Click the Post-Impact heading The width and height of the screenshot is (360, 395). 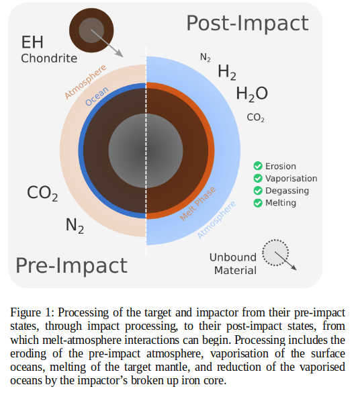tap(247, 24)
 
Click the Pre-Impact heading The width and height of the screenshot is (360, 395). tap(72, 265)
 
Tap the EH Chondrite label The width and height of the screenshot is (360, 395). tap(49, 50)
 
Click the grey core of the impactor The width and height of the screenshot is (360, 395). tap(91, 30)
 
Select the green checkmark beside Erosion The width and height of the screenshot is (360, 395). tap(258, 166)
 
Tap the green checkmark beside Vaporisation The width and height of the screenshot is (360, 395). tap(258, 179)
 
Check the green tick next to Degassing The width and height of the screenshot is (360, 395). tap(258, 191)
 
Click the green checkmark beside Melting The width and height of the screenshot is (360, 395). tap(258, 203)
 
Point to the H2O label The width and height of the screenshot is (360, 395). tap(252, 94)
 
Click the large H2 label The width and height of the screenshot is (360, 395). tap(227, 73)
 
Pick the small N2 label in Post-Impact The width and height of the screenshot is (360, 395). tap(206, 58)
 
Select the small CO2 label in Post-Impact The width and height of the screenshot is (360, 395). tap(255, 118)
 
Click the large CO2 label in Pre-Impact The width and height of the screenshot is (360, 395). tap(42, 193)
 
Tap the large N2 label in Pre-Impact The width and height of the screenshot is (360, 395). tap(75, 226)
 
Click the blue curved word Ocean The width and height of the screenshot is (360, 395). tap(97, 96)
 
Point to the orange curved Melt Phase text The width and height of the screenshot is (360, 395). tap(197, 204)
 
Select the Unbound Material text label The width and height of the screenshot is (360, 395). tap(233, 264)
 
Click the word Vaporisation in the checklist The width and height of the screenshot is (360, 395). tap(291, 179)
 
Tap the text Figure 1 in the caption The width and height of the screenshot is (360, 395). tap(32, 313)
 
